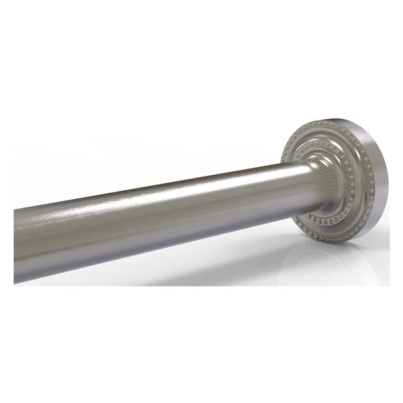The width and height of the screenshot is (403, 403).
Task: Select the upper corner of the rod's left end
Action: point(14,210)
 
